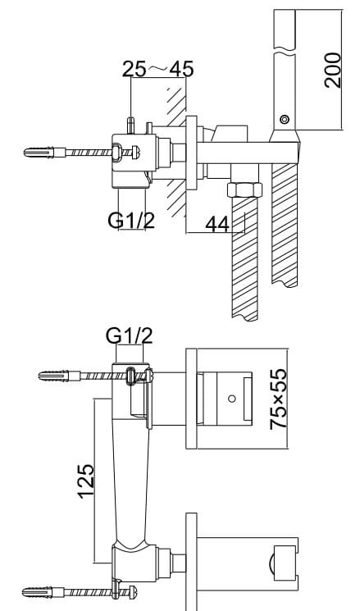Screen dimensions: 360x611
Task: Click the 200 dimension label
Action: click(333, 71)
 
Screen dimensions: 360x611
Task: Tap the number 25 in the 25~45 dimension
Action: click(134, 70)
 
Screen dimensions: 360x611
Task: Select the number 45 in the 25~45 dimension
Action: click(181, 70)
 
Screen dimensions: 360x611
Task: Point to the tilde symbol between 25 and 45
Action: click(157, 69)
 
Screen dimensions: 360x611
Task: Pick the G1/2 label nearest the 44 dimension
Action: click(131, 220)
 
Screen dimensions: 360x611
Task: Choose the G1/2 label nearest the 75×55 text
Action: click(130, 336)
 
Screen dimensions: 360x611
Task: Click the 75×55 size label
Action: click(279, 399)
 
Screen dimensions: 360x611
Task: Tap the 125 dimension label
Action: click(86, 481)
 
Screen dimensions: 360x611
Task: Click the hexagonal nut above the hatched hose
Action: click(244, 189)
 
